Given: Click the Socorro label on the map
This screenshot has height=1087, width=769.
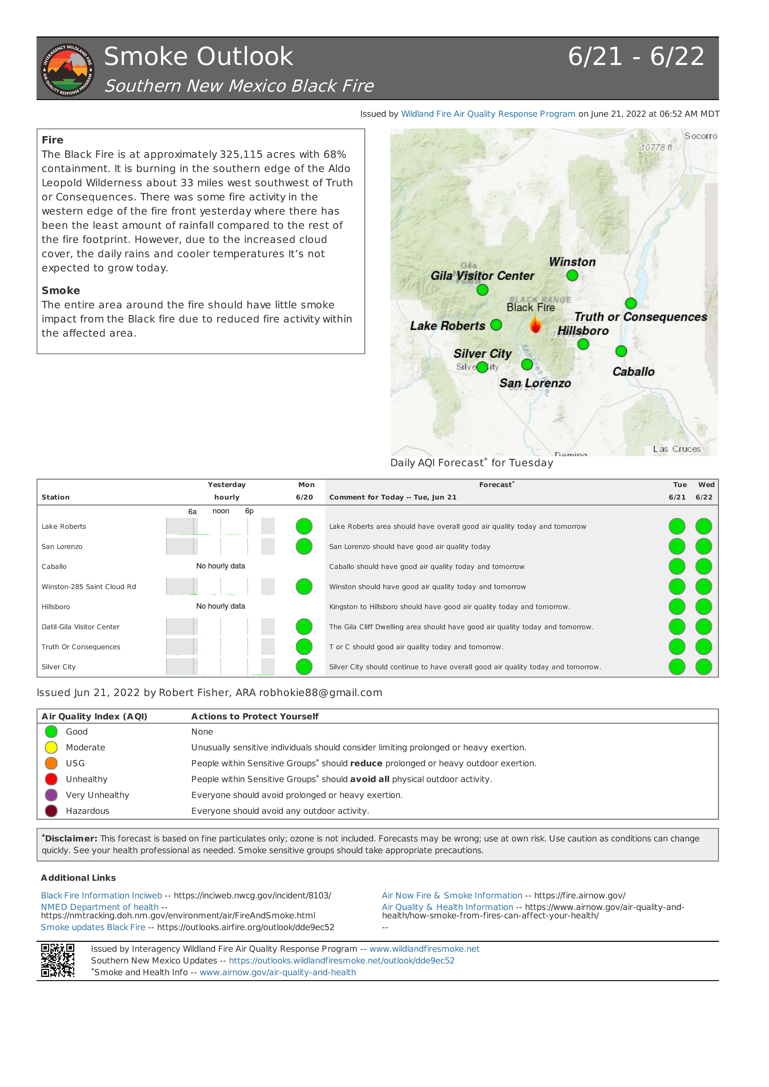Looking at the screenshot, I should coord(700,136).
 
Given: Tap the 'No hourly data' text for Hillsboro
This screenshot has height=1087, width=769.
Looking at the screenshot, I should coord(221,606).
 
